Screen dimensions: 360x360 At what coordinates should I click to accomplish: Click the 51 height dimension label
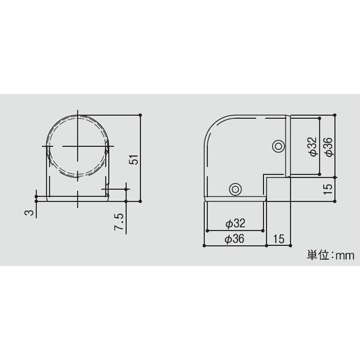point(134,159)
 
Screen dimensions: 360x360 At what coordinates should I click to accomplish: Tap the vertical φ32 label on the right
point(311,146)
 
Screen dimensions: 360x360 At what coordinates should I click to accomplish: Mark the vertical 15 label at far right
point(327,187)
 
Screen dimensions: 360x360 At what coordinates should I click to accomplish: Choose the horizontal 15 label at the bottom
point(278,239)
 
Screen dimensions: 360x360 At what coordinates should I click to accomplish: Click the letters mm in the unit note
point(344,255)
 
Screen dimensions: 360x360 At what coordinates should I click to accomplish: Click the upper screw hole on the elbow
point(278,146)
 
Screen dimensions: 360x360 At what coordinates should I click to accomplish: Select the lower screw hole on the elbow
point(235,189)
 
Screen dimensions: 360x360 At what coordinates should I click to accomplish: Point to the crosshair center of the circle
point(77,146)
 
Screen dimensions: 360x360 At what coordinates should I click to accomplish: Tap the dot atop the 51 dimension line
point(140,113)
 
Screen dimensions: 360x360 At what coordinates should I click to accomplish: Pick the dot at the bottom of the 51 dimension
point(140,202)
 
